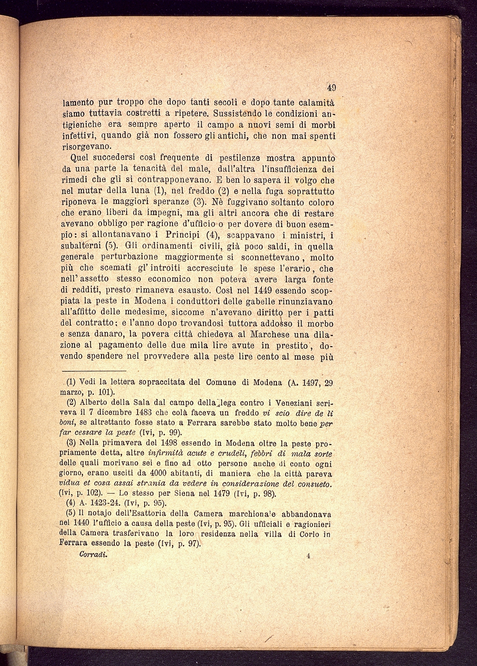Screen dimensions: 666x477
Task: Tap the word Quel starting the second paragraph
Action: (x=79, y=158)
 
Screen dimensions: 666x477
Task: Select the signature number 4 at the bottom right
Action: (x=308, y=555)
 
